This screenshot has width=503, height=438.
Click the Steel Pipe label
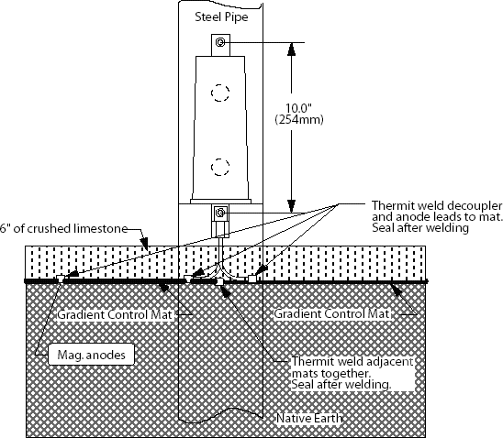221,17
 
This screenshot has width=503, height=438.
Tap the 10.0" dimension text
298,108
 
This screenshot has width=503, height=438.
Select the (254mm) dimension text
299,119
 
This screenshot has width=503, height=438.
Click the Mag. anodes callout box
91,354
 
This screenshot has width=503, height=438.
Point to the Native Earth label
309,418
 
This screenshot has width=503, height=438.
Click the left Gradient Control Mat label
115,314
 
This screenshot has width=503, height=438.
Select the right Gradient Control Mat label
331,313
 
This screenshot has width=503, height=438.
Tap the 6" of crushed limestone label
63,228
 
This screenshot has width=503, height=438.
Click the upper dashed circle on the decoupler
220,93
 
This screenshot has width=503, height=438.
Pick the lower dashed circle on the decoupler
220,167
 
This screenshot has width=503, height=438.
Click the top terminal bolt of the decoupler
220,42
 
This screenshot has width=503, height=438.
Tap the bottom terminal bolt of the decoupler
220,212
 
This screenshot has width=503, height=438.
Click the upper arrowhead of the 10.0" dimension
291,49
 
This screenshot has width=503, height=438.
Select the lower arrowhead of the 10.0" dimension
291,206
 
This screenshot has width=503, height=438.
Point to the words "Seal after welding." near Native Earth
341,384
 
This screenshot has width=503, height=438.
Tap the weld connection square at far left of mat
60,279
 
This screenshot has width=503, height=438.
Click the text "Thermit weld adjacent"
352,361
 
